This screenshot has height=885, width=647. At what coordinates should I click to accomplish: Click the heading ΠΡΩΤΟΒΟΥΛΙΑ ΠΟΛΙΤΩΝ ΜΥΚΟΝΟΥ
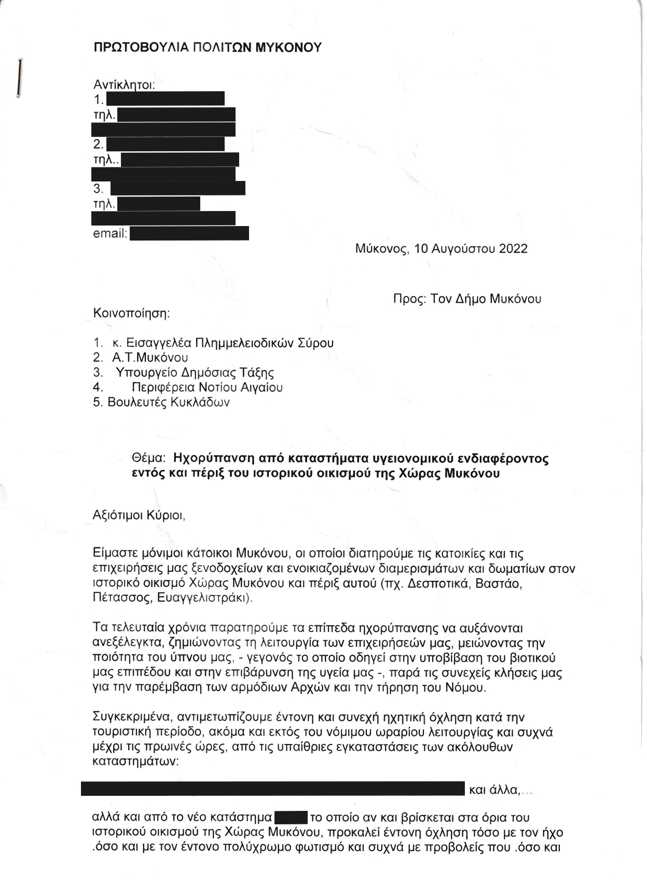point(208,48)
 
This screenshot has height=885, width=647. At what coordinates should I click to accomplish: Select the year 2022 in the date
point(513,249)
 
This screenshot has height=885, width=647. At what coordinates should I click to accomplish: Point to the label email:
point(110,234)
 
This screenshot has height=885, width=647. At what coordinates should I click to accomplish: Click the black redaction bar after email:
point(189,234)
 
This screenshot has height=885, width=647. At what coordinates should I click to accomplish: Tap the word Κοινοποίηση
point(131,314)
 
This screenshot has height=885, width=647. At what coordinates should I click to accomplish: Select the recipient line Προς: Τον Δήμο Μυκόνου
point(467,299)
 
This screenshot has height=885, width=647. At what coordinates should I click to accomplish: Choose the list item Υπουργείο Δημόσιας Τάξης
point(195,373)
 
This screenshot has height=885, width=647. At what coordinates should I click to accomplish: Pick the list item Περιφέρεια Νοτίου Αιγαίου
point(207,388)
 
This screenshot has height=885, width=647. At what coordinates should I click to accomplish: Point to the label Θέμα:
point(149,458)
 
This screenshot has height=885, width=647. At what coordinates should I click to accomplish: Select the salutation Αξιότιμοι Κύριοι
point(139,516)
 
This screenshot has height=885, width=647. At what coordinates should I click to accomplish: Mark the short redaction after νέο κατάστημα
point(291,818)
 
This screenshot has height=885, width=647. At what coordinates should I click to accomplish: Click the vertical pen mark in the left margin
point(20,78)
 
